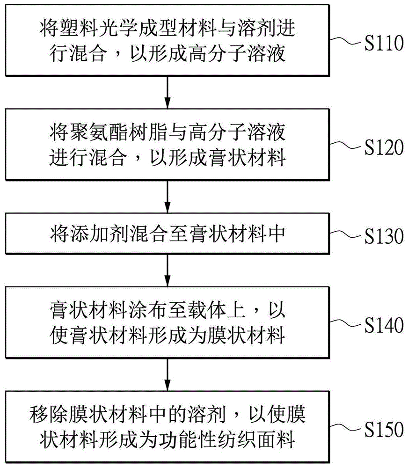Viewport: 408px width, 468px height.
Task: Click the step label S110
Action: (x=384, y=43)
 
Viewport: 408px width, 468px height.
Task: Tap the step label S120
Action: (x=384, y=147)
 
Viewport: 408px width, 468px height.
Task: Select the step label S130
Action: (x=384, y=236)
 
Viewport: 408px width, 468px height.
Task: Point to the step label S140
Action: (x=384, y=325)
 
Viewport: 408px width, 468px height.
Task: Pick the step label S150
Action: (x=384, y=430)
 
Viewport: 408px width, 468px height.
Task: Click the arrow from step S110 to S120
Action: (x=168, y=92)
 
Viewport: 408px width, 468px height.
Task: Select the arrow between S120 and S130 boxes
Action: (x=168, y=197)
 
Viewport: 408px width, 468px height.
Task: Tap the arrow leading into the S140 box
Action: (x=168, y=270)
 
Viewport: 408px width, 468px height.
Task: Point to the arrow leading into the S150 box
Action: (x=168, y=374)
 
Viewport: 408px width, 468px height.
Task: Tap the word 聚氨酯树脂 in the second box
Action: (x=118, y=132)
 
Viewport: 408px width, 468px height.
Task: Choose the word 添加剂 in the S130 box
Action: (x=99, y=234)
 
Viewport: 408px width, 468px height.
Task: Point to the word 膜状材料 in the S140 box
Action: (x=246, y=336)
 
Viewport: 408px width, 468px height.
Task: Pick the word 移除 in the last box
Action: (x=49, y=415)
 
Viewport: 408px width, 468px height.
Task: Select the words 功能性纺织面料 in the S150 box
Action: (x=227, y=439)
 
